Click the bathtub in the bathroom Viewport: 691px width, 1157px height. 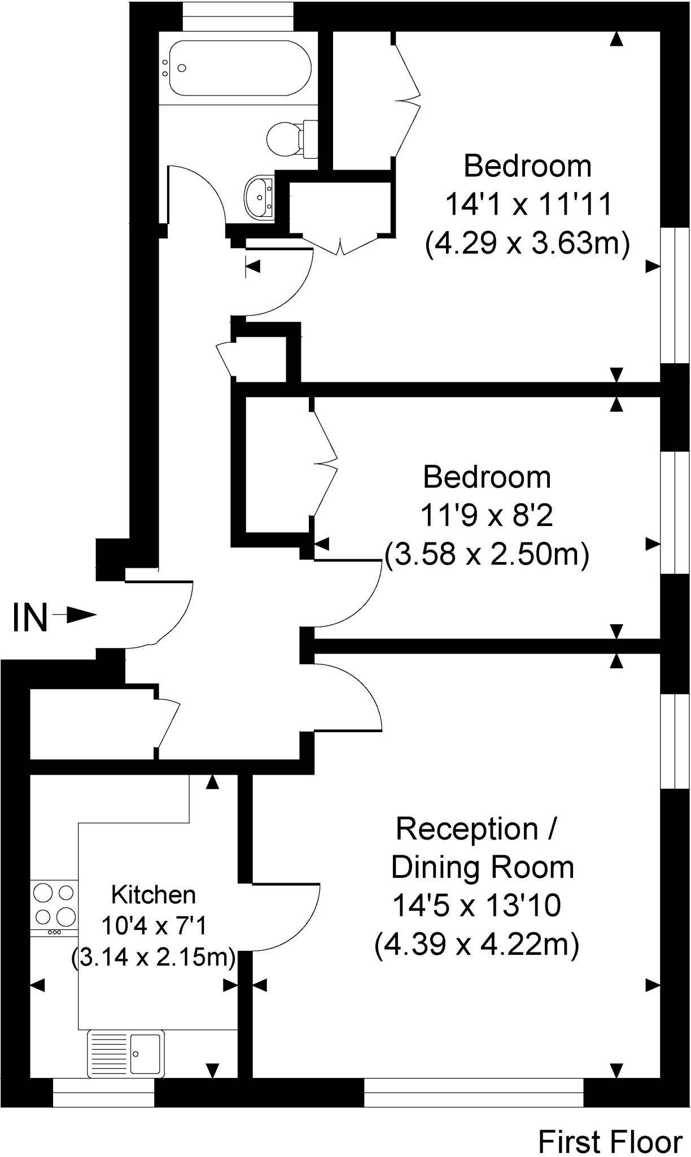coord(239,68)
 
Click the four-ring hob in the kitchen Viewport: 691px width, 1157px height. coord(54,904)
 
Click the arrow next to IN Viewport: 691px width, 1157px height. coord(75,615)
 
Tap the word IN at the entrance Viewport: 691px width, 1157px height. coord(29,617)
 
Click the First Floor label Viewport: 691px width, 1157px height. coord(610,1141)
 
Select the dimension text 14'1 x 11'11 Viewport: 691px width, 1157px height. coord(528,205)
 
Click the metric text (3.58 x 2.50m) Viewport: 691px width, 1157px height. coord(487,555)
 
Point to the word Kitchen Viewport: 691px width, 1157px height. coord(154,895)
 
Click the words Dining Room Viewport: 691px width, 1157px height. coord(482,867)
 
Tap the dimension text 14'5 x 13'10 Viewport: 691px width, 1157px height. coord(476,905)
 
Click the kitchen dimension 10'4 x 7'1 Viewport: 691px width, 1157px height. coord(154,925)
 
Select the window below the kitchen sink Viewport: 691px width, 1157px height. coord(103,1091)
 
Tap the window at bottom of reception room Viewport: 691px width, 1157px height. coord(473,1091)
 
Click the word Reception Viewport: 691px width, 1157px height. coord(467,829)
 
